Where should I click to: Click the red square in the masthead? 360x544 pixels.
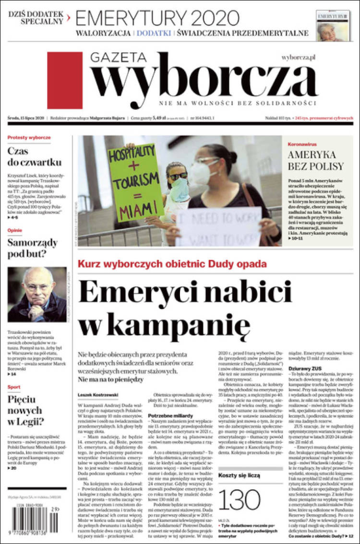(65, 80)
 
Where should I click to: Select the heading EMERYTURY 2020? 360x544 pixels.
(157, 18)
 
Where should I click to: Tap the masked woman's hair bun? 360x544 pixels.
(232, 157)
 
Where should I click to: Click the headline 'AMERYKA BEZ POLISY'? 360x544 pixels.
(315, 160)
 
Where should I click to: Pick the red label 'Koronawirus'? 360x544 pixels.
(301, 144)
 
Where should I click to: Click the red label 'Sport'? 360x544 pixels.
(14, 386)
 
